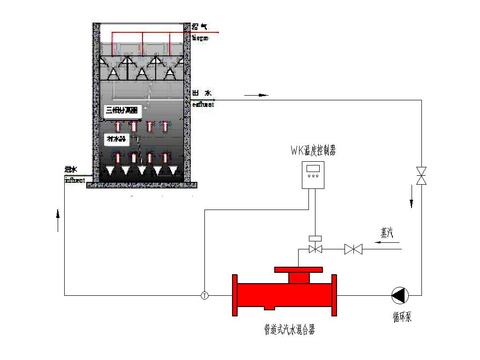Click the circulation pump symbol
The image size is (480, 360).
pyautogui.click(x=400, y=295)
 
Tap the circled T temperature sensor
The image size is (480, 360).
pyautogui.click(x=205, y=295)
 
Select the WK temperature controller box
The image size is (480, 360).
pyautogui.click(x=313, y=175)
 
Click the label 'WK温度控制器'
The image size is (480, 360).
pyautogui.click(x=313, y=151)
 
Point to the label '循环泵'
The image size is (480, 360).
pyautogui.click(x=402, y=317)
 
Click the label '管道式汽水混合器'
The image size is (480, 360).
pyautogui.click(x=289, y=330)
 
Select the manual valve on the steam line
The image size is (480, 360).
pyautogui.click(x=353, y=249)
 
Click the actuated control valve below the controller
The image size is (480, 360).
pyautogui.click(x=315, y=248)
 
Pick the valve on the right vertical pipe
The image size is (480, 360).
pyautogui.click(x=421, y=175)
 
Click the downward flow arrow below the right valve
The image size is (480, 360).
pyautogui.click(x=412, y=196)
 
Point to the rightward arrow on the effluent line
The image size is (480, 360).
pyautogui.click(x=256, y=95)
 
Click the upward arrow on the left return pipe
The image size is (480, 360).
pyautogui.click(x=58, y=220)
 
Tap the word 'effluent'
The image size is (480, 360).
pyautogui.click(x=203, y=105)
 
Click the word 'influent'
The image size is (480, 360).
pyautogui.click(x=75, y=180)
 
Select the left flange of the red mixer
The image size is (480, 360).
pyautogui.click(x=235, y=295)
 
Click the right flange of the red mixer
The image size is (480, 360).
pyautogui.click(x=335, y=295)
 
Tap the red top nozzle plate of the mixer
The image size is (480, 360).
pyautogui.click(x=299, y=270)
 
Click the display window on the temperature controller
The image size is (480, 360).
pyautogui.click(x=313, y=168)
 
